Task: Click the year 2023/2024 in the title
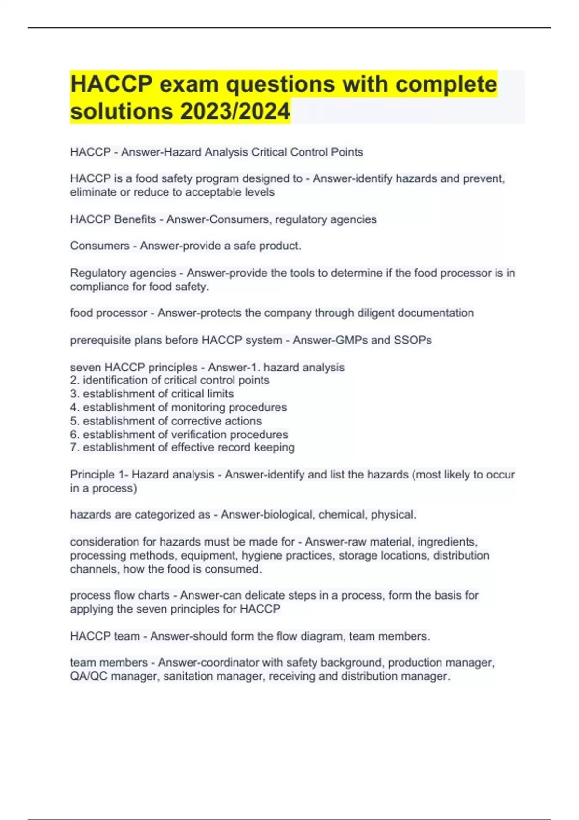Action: pyautogui.click(x=235, y=111)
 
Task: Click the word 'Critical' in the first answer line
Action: pyautogui.click(x=267, y=152)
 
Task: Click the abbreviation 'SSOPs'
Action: pyautogui.click(x=413, y=340)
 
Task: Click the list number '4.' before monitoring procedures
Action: pyautogui.click(x=75, y=408)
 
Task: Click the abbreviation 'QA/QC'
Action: pyautogui.click(x=89, y=676)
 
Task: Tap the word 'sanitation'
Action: pyautogui.click(x=188, y=676)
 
